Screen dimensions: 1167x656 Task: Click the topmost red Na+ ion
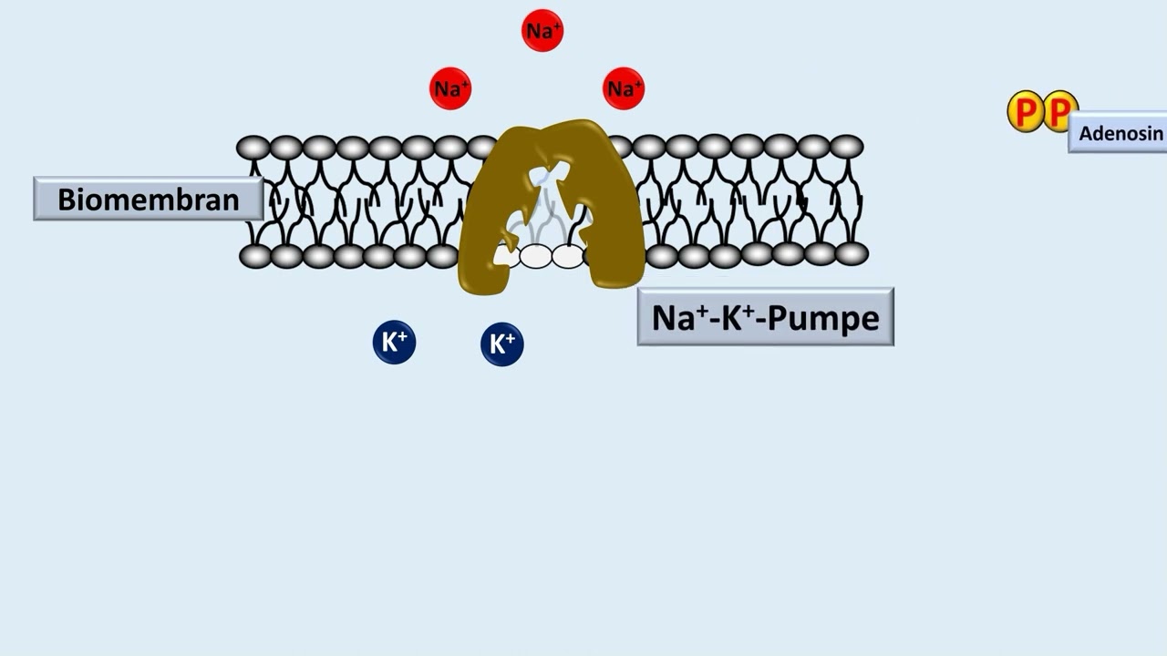click(x=542, y=30)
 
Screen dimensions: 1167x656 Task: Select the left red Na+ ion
click(x=450, y=88)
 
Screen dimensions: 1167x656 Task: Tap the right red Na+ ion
click(x=624, y=88)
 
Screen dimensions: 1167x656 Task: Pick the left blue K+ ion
click(x=395, y=342)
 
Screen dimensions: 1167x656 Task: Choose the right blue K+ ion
click(x=502, y=344)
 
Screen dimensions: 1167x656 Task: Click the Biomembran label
click(x=149, y=199)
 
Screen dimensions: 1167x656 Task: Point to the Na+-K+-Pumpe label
click(x=765, y=316)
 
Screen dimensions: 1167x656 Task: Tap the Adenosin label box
click(x=1118, y=132)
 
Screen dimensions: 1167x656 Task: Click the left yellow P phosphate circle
click(x=1025, y=111)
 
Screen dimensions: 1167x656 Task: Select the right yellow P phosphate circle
click(x=1059, y=110)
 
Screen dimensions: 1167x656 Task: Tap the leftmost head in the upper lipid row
click(x=253, y=148)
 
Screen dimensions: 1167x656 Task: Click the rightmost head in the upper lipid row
click(x=847, y=147)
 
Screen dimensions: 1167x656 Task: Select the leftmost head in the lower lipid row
click(x=256, y=257)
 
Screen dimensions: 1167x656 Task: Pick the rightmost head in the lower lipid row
click(x=852, y=254)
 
